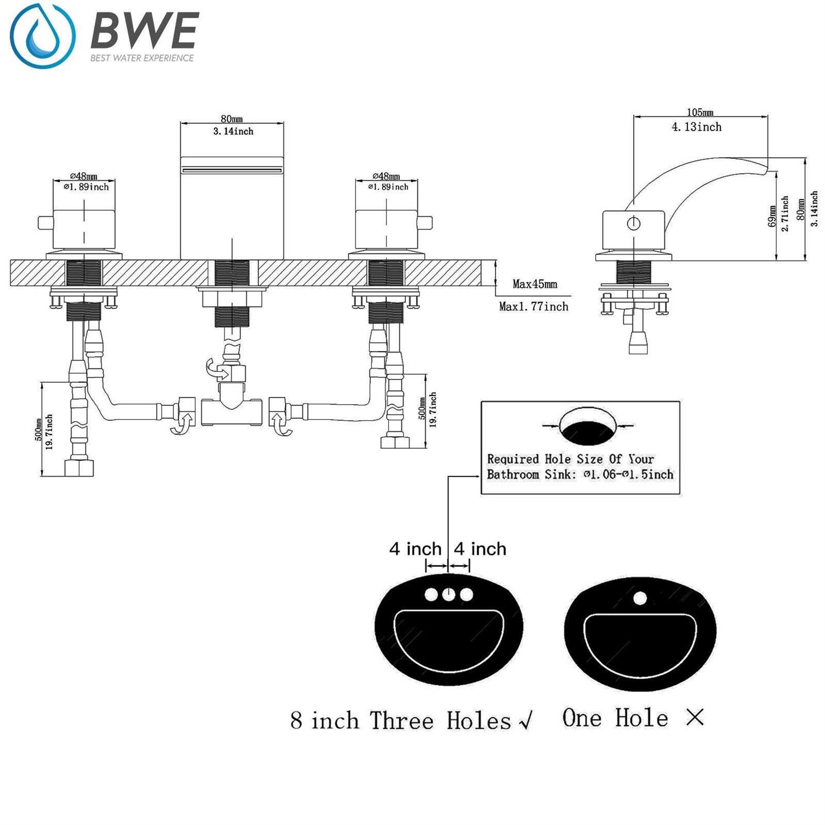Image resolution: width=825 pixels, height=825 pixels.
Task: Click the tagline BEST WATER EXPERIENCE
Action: click(x=142, y=58)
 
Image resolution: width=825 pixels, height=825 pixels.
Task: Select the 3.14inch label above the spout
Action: click(x=233, y=131)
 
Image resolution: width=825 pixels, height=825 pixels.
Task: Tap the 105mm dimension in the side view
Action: click(x=700, y=113)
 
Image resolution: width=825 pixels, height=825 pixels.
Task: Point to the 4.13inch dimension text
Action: click(x=696, y=127)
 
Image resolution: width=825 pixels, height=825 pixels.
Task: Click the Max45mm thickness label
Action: click(x=535, y=284)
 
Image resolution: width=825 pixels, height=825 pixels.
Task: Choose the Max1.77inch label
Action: click(x=533, y=306)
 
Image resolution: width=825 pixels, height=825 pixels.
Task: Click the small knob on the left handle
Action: click(x=44, y=223)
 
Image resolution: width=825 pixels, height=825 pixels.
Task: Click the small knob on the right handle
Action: click(x=425, y=223)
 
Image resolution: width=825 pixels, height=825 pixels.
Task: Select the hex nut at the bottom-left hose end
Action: click(x=79, y=468)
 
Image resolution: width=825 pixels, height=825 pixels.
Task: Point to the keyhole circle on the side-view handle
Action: click(x=634, y=223)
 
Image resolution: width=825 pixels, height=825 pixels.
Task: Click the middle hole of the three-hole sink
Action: click(x=449, y=595)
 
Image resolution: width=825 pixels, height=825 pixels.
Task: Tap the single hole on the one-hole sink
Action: click(x=640, y=597)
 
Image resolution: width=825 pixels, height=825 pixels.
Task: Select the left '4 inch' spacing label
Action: click(x=415, y=549)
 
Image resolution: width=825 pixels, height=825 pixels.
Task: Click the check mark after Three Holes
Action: click(x=526, y=720)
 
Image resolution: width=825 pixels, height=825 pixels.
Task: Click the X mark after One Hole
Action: click(x=695, y=717)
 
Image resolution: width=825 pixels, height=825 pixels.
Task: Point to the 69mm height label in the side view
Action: click(x=772, y=216)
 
